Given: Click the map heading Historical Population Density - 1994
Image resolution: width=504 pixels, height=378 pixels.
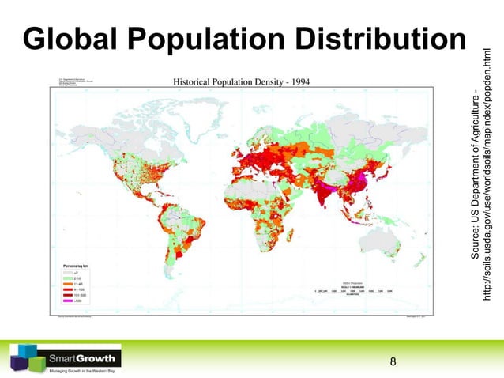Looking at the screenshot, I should click(x=235, y=81).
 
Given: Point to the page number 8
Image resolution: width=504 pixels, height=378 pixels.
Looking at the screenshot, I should click(x=393, y=363).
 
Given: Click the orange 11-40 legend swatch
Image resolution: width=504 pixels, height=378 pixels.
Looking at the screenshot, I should click(x=68, y=285).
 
